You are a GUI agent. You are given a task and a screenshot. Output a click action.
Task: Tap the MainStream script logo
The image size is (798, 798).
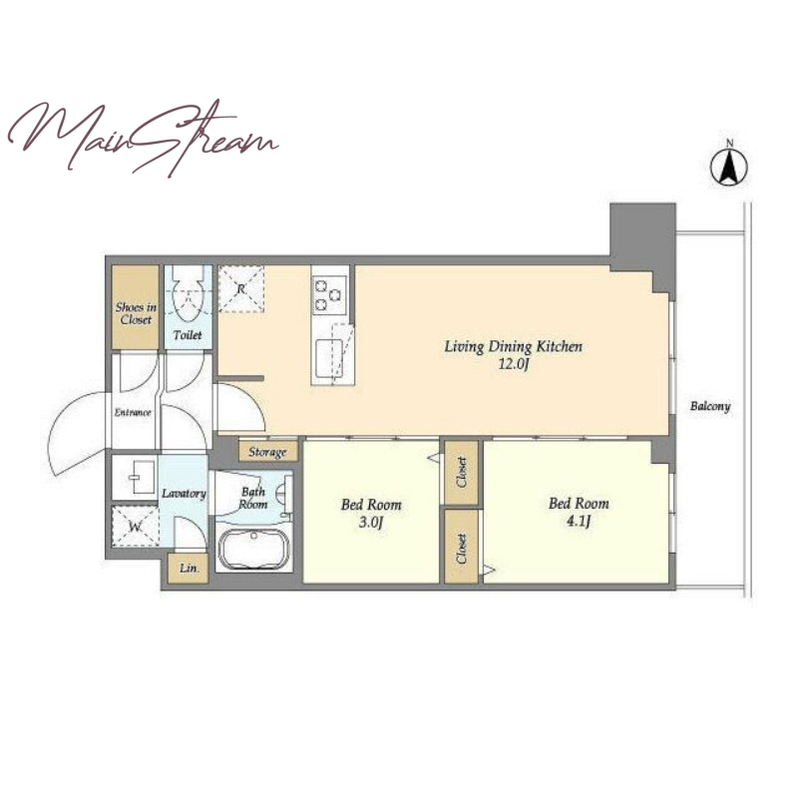(143, 139)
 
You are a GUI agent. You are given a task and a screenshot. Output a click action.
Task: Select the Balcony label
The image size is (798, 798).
(710, 406)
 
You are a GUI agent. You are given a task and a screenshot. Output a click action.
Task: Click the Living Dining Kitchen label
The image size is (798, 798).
(513, 347)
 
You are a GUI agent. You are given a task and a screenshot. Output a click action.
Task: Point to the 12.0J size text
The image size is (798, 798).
(514, 364)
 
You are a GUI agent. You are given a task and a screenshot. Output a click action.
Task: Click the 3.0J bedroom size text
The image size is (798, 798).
(370, 523)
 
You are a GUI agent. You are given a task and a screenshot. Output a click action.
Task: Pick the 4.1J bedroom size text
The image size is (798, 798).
(579, 521)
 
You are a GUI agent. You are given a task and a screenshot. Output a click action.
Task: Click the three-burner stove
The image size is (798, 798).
(330, 293)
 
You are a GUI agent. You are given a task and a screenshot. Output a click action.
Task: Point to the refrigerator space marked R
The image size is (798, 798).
(241, 288)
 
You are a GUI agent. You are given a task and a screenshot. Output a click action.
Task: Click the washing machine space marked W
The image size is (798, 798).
(135, 527)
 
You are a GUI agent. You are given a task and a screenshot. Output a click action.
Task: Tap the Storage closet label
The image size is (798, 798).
(267, 452)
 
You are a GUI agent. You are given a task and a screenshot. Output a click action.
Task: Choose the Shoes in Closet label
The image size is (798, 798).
(136, 313)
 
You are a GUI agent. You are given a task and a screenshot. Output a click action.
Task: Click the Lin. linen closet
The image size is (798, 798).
(189, 568)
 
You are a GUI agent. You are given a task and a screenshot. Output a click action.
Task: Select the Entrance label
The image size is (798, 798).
(133, 412)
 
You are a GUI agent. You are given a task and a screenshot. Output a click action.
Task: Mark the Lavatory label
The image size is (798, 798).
(184, 494)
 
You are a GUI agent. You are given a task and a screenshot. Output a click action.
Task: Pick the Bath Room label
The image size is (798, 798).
(253, 498)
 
